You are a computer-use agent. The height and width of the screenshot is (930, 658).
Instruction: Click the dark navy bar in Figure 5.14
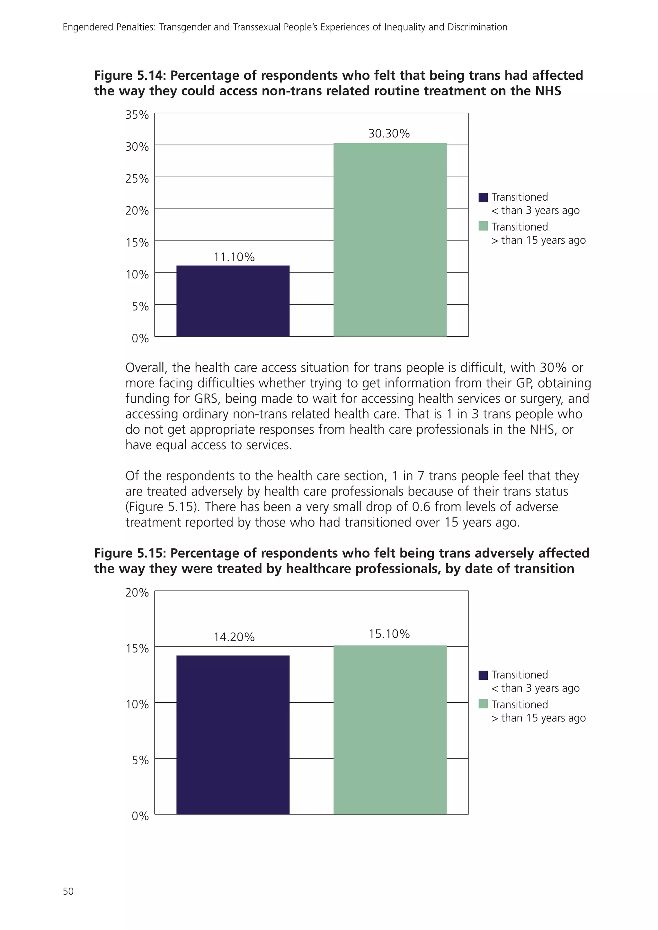(x=233, y=301)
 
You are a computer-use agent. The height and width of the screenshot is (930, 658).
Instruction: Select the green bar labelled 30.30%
(x=390, y=240)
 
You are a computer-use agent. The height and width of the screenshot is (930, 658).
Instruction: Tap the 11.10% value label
(x=234, y=257)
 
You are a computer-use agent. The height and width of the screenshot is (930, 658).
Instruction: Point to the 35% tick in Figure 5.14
(x=137, y=115)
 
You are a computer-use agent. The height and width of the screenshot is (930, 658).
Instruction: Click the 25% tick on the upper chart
(x=137, y=179)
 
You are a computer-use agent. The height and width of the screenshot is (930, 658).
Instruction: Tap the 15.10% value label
(x=389, y=634)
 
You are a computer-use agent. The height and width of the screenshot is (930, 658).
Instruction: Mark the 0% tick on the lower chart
(x=140, y=816)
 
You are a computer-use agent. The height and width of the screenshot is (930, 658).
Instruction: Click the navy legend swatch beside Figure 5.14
(x=483, y=198)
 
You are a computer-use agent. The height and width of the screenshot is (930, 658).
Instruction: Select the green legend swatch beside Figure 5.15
(x=483, y=704)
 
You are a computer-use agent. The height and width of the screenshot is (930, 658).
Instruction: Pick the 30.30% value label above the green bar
(x=389, y=134)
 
